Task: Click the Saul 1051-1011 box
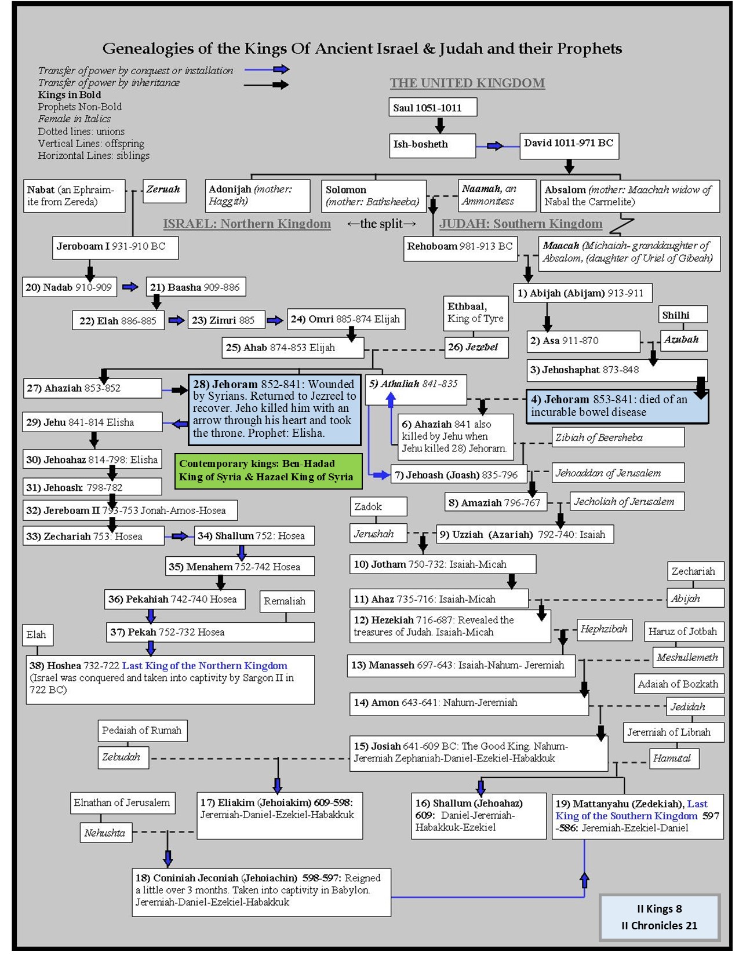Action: [x=432, y=107]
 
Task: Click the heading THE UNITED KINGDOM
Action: [x=467, y=83]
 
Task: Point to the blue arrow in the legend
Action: [x=267, y=70]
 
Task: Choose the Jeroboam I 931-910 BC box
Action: [x=115, y=247]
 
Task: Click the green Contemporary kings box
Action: [x=268, y=470]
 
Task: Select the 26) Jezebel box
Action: [x=476, y=347]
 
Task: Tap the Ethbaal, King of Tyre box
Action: [x=476, y=313]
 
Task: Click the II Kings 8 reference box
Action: [x=659, y=917]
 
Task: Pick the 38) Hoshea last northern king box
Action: [x=170, y=678]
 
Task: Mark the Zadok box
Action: [x=378, y=506]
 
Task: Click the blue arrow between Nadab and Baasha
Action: [x=130, y=287]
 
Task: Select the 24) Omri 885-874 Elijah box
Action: [x=346, y=319]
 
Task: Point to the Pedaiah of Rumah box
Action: [x=142, y=731]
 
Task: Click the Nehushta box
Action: [x=105, y=833]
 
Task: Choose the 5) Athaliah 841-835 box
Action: [x=415, y=389]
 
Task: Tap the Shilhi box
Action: [x=683, y=315]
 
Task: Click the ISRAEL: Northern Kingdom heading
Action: [x=247, y=224]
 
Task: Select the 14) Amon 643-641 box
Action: [x=468, y=703]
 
